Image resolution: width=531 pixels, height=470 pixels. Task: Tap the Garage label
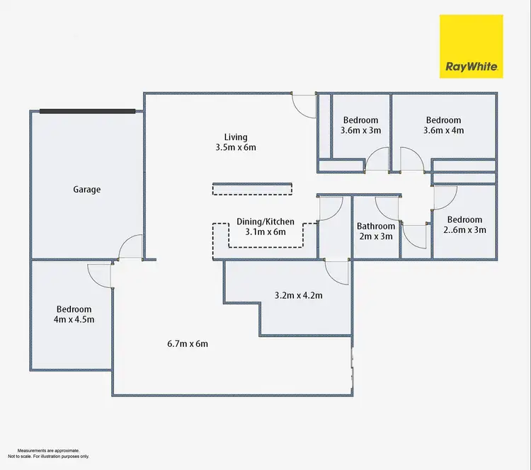(87, 190)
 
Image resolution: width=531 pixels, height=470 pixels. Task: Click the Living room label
(235, 142)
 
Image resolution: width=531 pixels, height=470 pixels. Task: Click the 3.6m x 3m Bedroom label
(361, 125)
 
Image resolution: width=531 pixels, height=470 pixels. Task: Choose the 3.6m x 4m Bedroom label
(443, 125)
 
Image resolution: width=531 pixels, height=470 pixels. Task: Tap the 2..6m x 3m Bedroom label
(464, 224)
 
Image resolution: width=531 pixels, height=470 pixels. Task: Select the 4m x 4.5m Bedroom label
(74, 314)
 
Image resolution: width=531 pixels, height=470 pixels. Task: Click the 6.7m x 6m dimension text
(187, 344)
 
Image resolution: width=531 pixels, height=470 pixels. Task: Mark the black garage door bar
(87, 111)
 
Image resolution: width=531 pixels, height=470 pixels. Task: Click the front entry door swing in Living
(305, 106)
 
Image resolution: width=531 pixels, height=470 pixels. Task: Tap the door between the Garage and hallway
(132, 248)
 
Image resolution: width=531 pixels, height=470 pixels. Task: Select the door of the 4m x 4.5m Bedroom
(99, 274)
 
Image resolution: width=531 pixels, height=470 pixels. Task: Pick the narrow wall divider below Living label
(252, 188)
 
